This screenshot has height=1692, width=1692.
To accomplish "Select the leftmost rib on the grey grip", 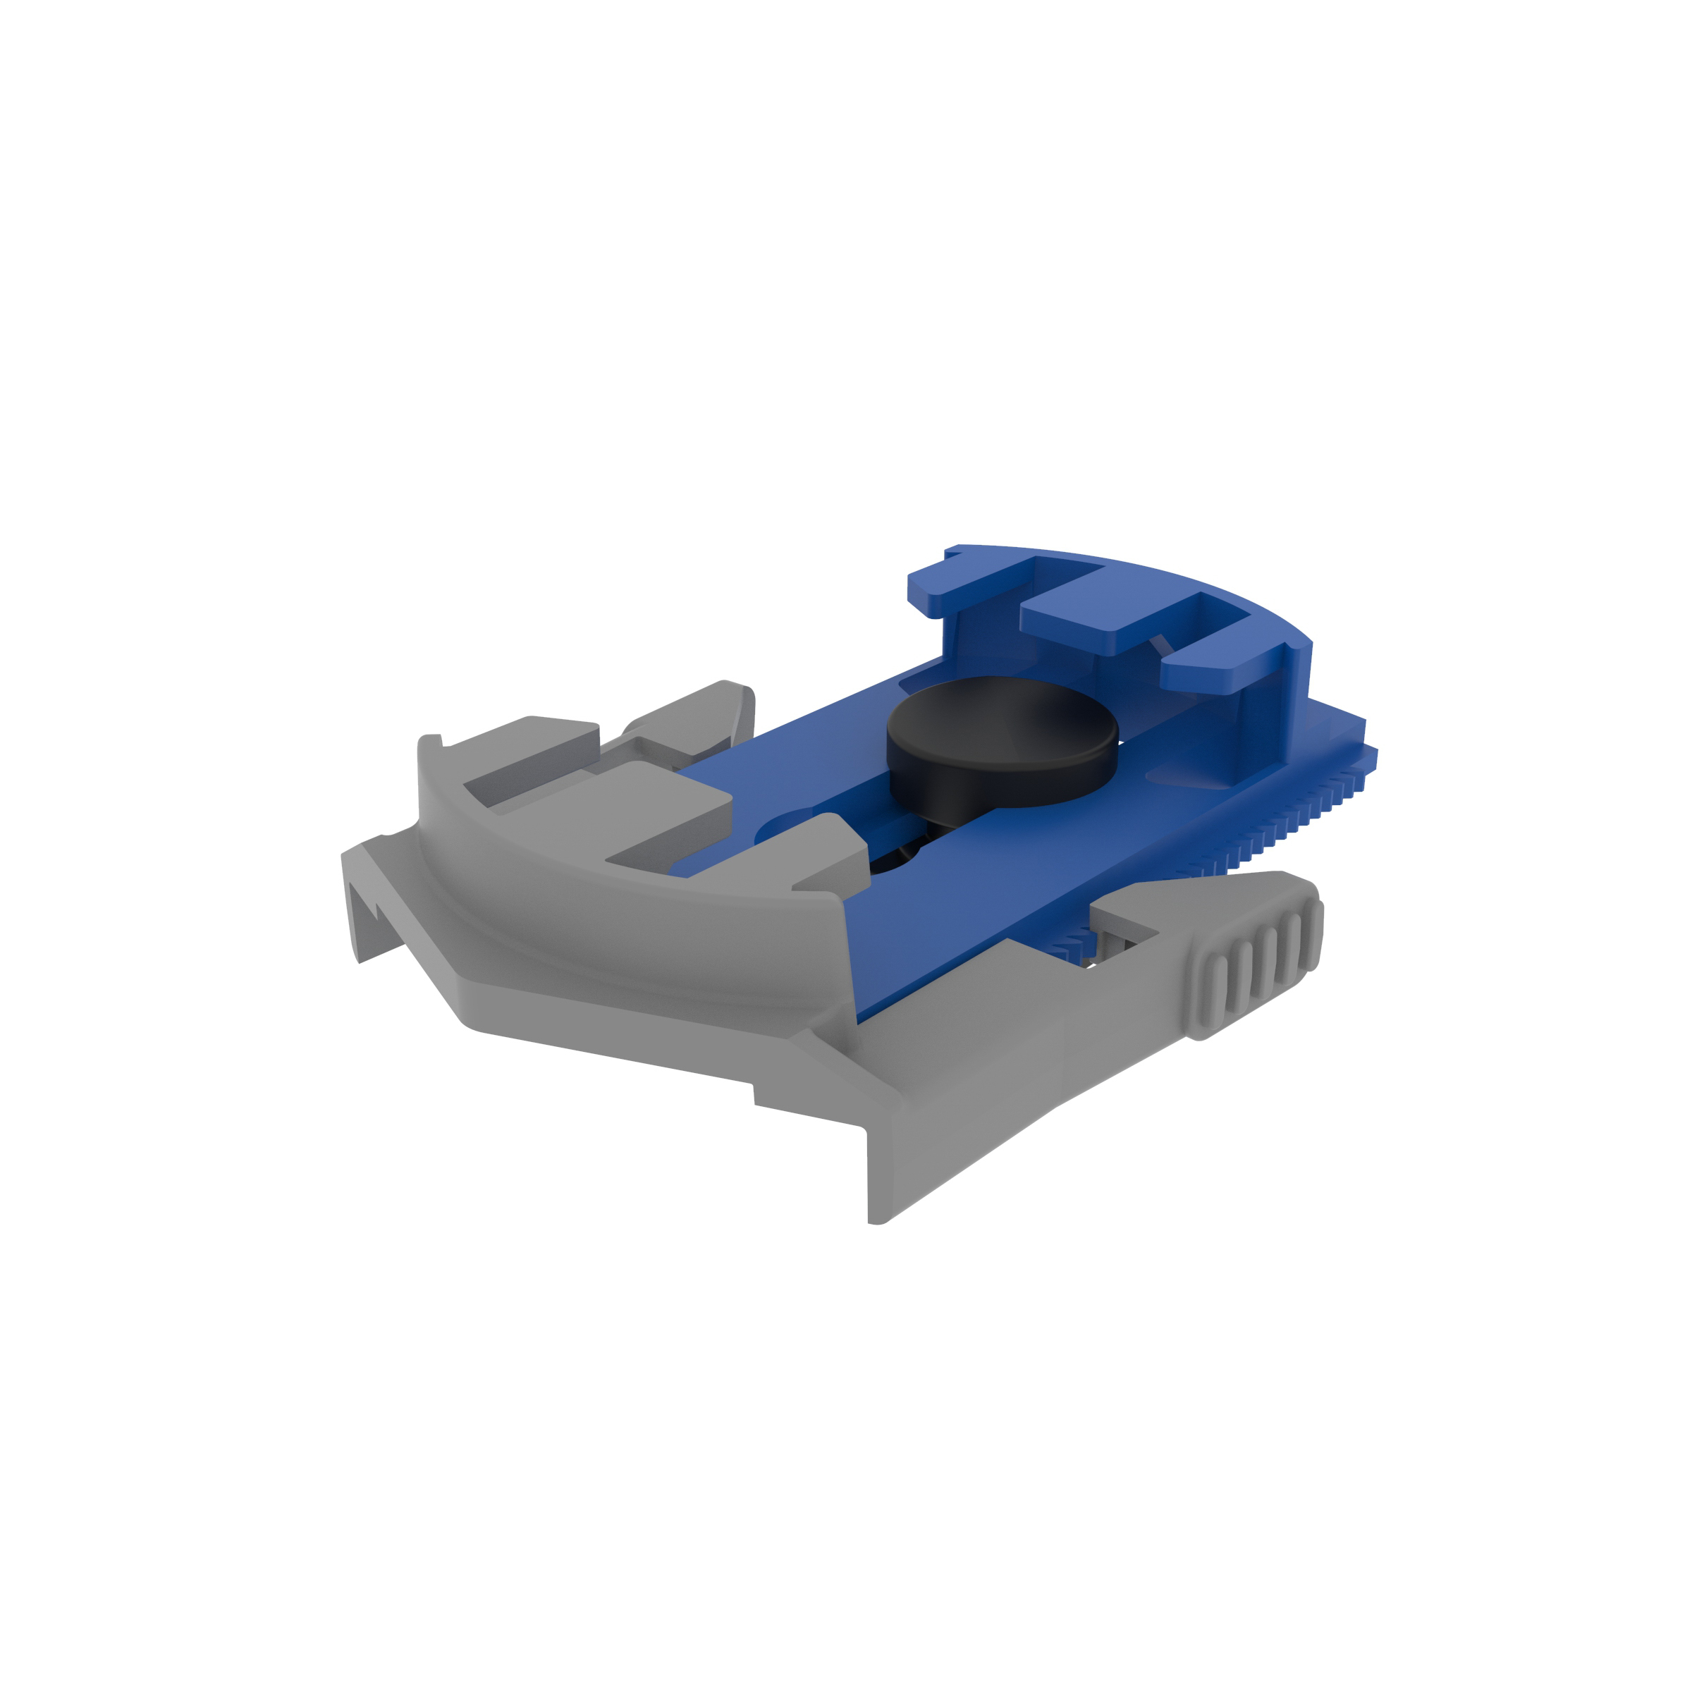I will (x=1218, y=991).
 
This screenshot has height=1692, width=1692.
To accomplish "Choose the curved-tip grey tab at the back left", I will (x=692, y=718).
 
